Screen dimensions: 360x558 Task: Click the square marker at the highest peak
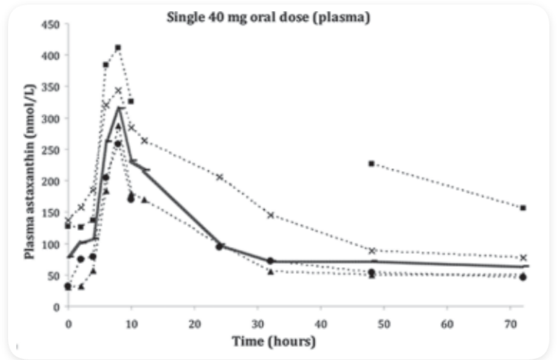[118, 48]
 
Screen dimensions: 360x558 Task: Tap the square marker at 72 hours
[523, 208]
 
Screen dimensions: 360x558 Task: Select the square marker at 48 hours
[371, 163]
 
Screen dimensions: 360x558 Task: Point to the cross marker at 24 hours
[219, 177]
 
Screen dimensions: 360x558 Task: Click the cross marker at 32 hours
[270, 215]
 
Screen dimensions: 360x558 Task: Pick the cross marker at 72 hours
[523, 258]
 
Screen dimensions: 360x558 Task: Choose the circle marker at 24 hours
[219, 247]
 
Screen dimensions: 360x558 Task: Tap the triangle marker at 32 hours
[270, 272]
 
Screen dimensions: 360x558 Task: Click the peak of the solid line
[119, 107]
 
